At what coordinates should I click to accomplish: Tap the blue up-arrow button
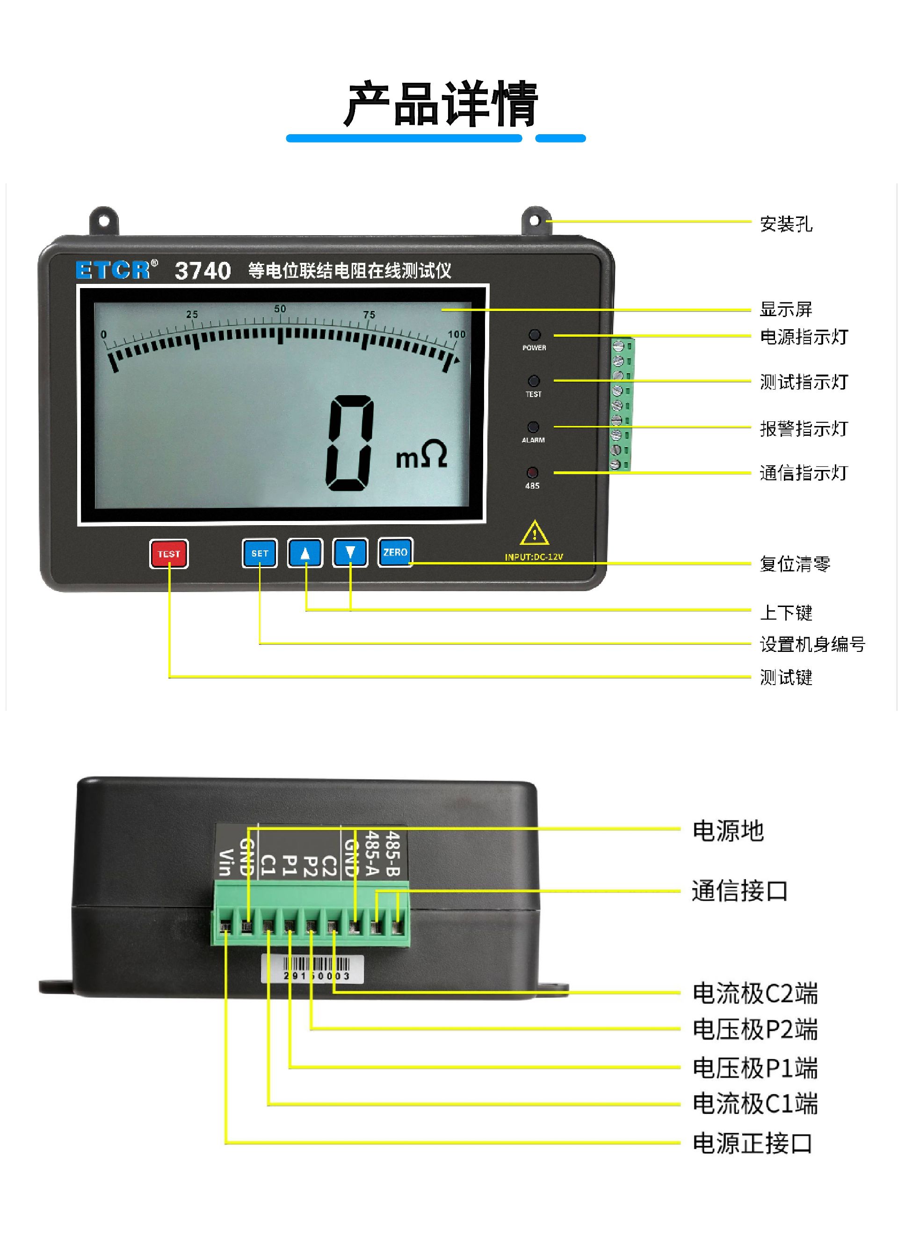point(305,553)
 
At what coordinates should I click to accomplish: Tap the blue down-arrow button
point(350,552)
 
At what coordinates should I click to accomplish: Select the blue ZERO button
point(395,552)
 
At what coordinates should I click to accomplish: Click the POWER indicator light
point(534,335)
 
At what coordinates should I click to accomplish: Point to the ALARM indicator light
point(533,427)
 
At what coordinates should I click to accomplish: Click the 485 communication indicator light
point(532,472)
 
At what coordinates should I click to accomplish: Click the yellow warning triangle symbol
point(535,533)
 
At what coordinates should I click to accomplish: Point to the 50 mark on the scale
point(280,309)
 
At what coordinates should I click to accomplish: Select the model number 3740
point(203,271)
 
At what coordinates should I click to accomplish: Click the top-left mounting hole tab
point(104,221)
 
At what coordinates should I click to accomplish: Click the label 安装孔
point(786,224)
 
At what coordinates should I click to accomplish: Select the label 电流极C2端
point(755,993)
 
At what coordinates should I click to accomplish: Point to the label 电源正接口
point(752,1143)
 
